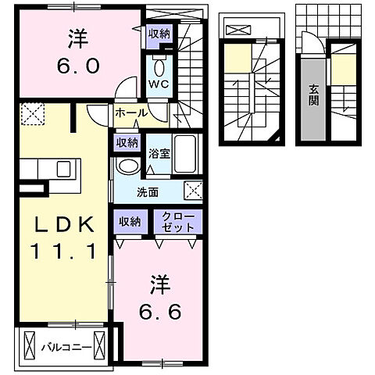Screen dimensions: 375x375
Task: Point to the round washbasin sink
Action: click(127, 166)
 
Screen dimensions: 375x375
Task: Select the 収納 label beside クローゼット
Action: click(130, 222)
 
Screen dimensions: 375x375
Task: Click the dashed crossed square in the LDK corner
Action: click(32, 116)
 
